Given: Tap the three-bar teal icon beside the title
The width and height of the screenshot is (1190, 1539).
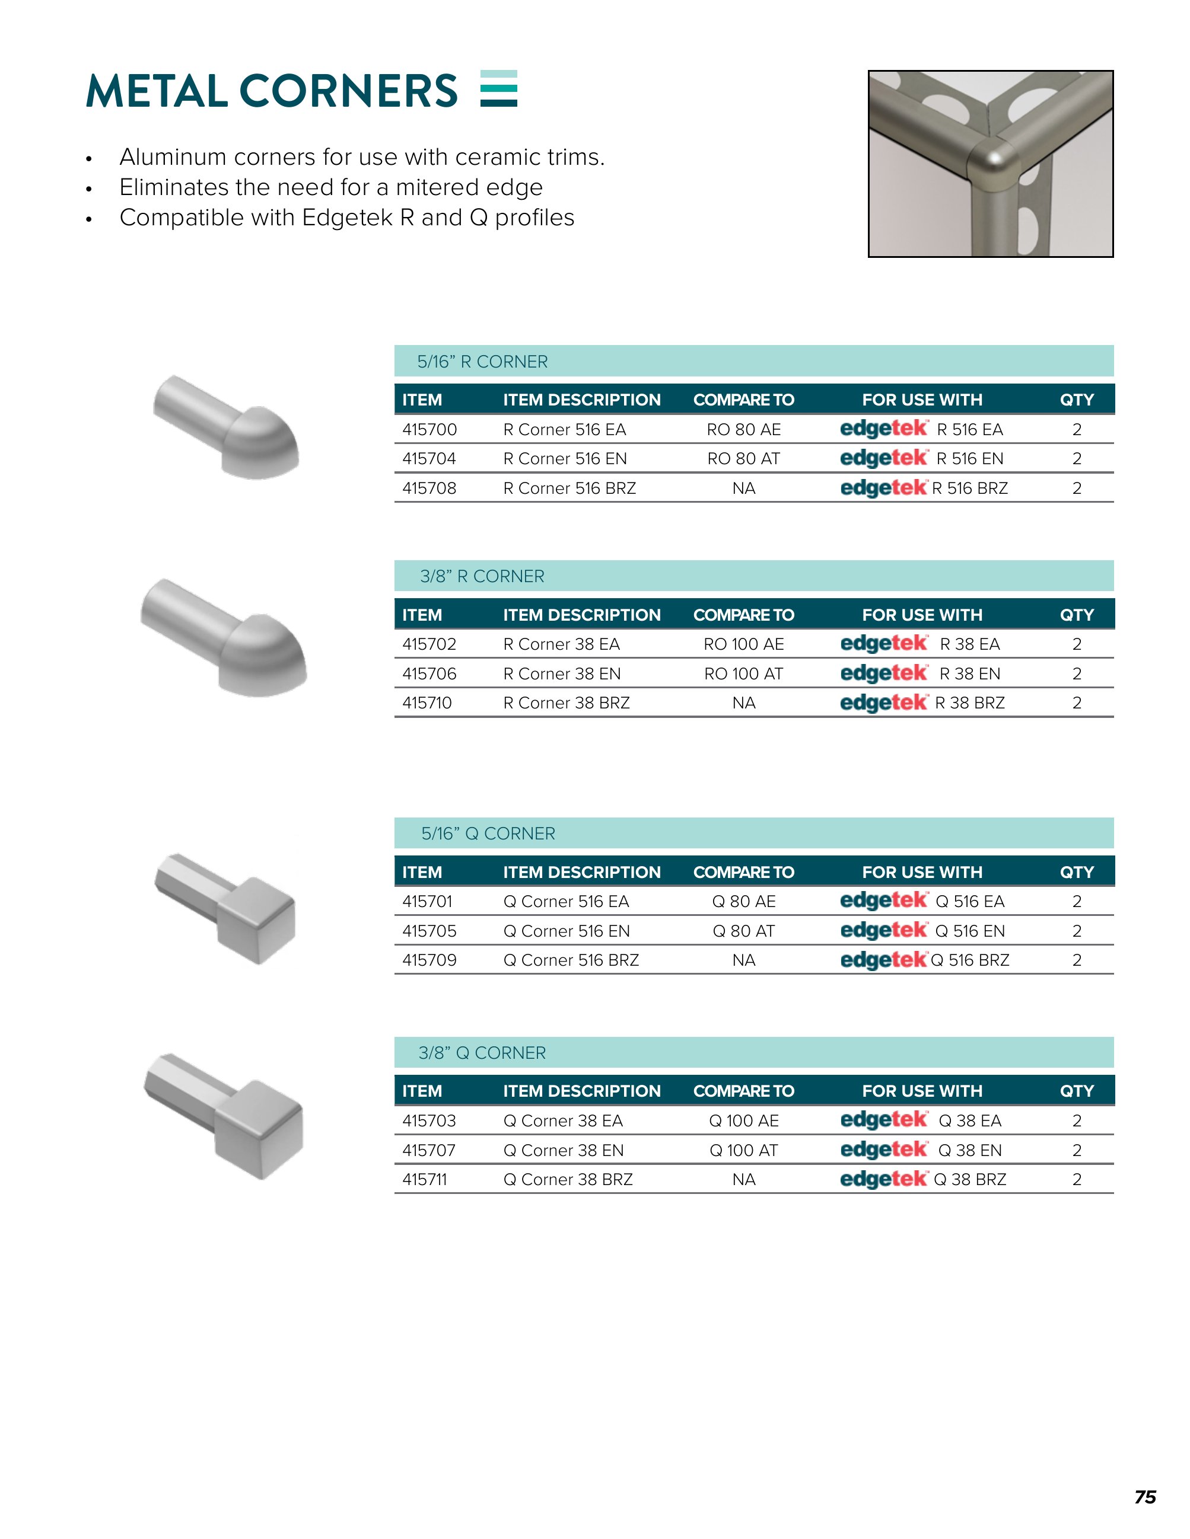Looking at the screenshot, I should click(498, 89).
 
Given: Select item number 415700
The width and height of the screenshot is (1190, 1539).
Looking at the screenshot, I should click(429, 429).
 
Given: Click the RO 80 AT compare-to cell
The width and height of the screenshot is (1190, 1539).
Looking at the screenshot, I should click(743, 459).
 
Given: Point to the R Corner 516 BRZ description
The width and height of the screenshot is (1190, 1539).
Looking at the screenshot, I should click(569, 488).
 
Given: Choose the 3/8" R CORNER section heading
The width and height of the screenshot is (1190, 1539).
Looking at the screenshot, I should click(482, 576).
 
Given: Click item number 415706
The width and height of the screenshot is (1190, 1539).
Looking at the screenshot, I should click(429, 673).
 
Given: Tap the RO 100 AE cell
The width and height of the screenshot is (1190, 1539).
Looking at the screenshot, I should click(743, 644).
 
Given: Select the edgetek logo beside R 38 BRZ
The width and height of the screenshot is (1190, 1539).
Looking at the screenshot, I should click(883, 703).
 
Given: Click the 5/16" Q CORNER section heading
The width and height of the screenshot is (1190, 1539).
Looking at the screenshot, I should click(488, 834).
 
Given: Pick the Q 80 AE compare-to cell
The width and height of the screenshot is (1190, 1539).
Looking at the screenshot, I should click(743, 901).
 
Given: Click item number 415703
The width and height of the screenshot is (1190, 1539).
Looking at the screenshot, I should click(429, 1120).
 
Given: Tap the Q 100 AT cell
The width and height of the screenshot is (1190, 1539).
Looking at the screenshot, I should click(743, 1150).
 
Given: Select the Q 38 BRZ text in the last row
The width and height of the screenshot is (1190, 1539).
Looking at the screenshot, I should click(969, 1179).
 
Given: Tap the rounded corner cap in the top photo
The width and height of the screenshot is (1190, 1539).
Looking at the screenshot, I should click(994, 165).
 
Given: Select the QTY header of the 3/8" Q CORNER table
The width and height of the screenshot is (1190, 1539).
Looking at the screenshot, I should click(1076, 1091).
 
